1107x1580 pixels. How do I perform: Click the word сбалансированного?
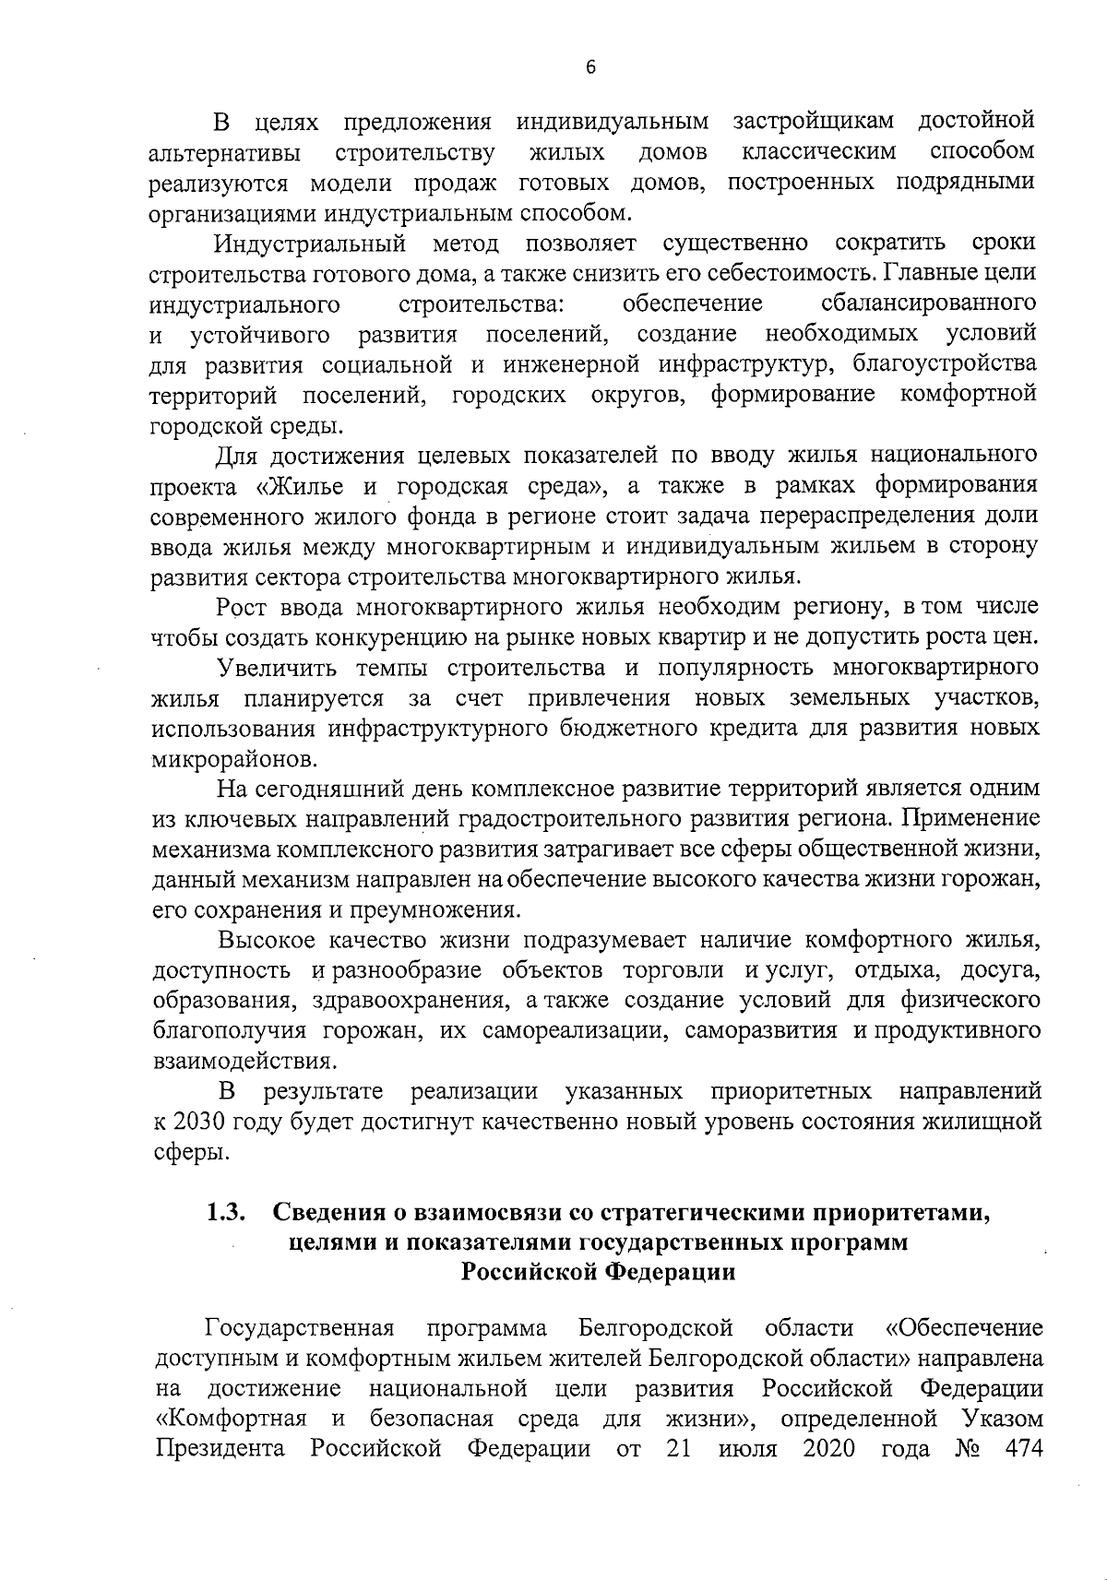coord(928,303)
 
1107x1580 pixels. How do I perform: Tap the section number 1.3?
coord(225,1213)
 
